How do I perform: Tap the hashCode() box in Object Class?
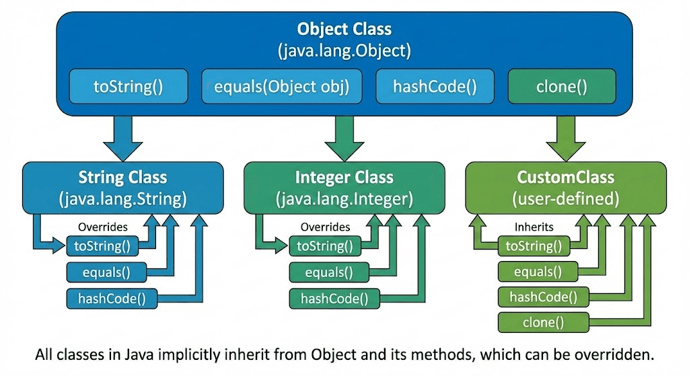pyautogui.click(x=434, y=86)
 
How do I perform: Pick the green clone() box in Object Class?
pyautogui.click(x=562, y=86)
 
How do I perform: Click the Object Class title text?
pyautogui.click(x=344, y=30)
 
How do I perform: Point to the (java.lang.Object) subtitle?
pyautogui.click(x=344, y=50)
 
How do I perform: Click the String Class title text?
pyautogui.click(x=122, y=178)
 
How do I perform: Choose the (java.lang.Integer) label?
pyautogui.click(x=344, y=198)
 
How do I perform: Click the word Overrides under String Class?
pyautogui.click(x=103, y=227)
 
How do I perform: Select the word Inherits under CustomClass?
pyautogui.click(x=533, y=227)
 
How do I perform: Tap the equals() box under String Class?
pyautogui.click(x=104, y=272)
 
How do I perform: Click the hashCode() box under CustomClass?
pyautogui.click(x=544, y=297)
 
